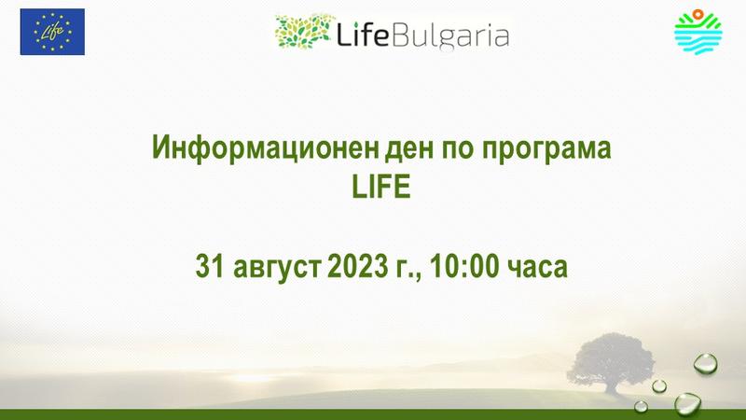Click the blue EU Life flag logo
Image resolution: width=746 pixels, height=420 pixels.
[x=52, y=32]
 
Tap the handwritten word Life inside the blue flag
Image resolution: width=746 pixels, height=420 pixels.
[x=52, y=32]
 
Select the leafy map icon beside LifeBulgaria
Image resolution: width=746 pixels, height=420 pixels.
[x=302, y=32]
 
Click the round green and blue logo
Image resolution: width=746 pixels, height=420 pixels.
[x=698, y=32]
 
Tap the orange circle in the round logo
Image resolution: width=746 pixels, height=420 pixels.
[x=698, y=14]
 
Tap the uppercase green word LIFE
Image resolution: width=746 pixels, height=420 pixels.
[x=380, y=188]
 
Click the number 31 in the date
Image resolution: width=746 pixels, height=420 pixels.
[x=209, y=266]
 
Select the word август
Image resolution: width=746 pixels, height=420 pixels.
[x=276, y=268]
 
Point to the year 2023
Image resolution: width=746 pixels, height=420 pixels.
[x=357, y=266]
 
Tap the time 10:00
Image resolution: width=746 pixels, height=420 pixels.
[x=463, y=266]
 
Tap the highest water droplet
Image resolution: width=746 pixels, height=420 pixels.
[x=706, y=363]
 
